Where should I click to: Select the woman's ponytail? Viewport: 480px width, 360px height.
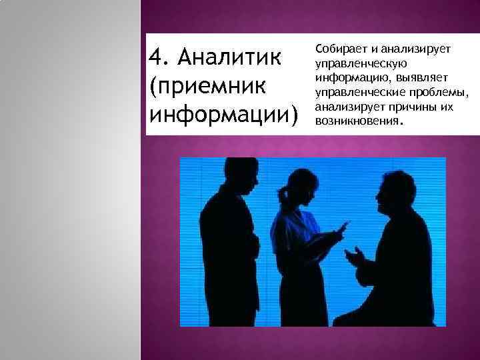click(x=284, y=193)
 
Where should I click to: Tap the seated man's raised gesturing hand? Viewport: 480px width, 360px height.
click(x=355, y=256)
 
